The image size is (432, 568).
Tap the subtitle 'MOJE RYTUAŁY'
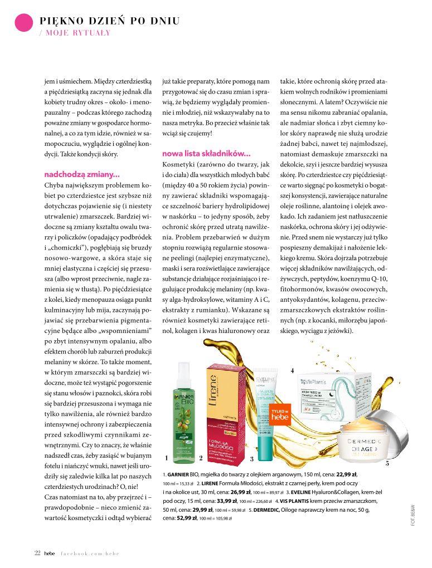pyautogui.click(x=78, y=33)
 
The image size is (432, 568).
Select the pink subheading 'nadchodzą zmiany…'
pyautogui.click(x=82, y=174)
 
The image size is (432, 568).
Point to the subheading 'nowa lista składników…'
pyautogui.click(x=206, y=153)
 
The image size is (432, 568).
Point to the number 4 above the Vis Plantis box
pyautogui.click(x=292, y=370)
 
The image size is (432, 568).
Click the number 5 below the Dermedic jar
pyautogui.click(x=387, y=463)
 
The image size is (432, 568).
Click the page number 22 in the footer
pyautogui.click(x=37, y=553)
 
